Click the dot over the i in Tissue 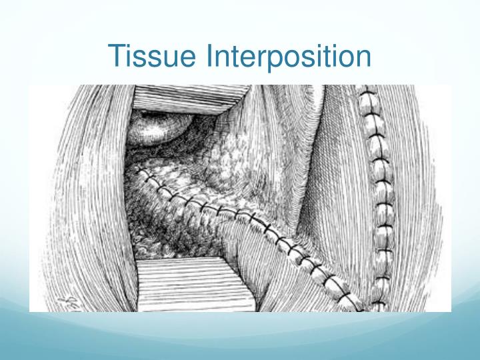130,44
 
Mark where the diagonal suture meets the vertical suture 363,307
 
